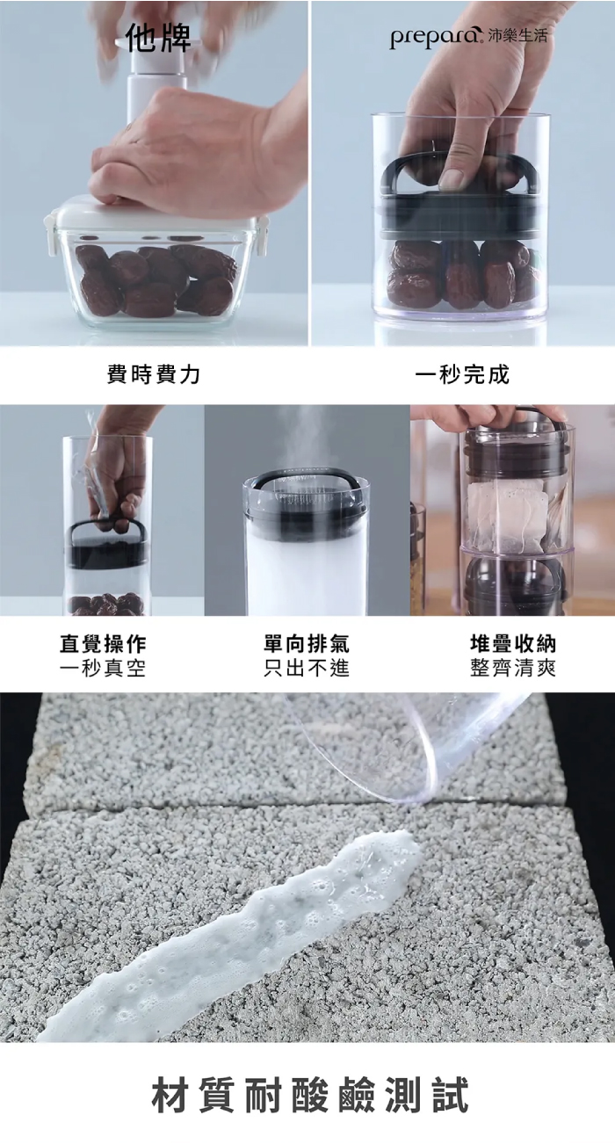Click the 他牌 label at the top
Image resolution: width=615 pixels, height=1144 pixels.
tap(158, 38)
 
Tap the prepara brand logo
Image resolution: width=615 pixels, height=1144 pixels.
tap(437, 37)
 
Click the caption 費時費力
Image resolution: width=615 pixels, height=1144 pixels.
tap(154, 375)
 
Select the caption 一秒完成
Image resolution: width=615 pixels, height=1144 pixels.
tap(462, 375)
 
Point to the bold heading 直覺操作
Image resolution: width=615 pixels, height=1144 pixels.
tap(103, 644)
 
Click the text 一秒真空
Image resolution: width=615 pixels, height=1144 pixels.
tap(103, 668)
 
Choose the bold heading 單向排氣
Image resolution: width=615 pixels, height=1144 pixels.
tap(307, 644)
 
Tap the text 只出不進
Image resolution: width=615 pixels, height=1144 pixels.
tap(307, 668)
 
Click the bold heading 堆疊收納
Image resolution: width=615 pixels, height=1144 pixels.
tap(513, 644)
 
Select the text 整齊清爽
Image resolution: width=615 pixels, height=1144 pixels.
tap(513, 668)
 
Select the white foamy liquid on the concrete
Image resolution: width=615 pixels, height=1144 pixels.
tap(230, 919)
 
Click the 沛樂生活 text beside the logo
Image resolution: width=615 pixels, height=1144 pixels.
tap(517, 35)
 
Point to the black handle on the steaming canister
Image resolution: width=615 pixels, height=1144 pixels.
tap(306, 476)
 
